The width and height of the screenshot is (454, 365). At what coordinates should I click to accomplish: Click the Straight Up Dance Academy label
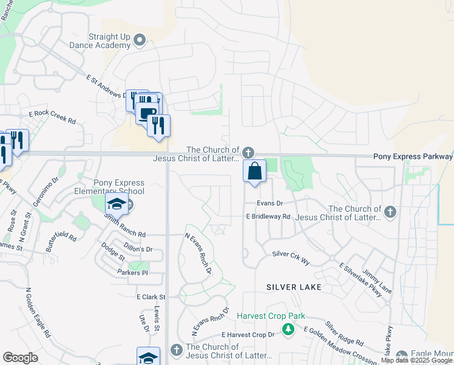pyautogui.click(x=110, y=41)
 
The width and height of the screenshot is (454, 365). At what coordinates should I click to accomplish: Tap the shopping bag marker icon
pyautogui.click(x=255, y=172)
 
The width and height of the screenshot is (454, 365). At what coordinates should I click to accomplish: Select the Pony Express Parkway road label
pyautogui.click(x=413, y=156)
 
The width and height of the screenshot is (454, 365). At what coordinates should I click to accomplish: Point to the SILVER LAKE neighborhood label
pyautogui.click(x=294, y=286)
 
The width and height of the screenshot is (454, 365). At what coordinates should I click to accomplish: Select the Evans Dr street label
pyautogui.click(x=270, y=203)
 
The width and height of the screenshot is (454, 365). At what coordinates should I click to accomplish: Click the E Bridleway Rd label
pyautogui.click(x=268, y=217)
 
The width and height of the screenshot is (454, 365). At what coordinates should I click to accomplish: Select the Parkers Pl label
pyautogui.click(x=132, y=273)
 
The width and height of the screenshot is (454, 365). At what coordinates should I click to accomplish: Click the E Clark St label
pyautogui.click(x=151, y=297)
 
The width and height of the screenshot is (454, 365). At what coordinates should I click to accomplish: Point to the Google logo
pyautogui.click(x=20, y=358)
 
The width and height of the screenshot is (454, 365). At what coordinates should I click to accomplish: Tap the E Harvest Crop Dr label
pyautogui.click(x=248, y=335)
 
